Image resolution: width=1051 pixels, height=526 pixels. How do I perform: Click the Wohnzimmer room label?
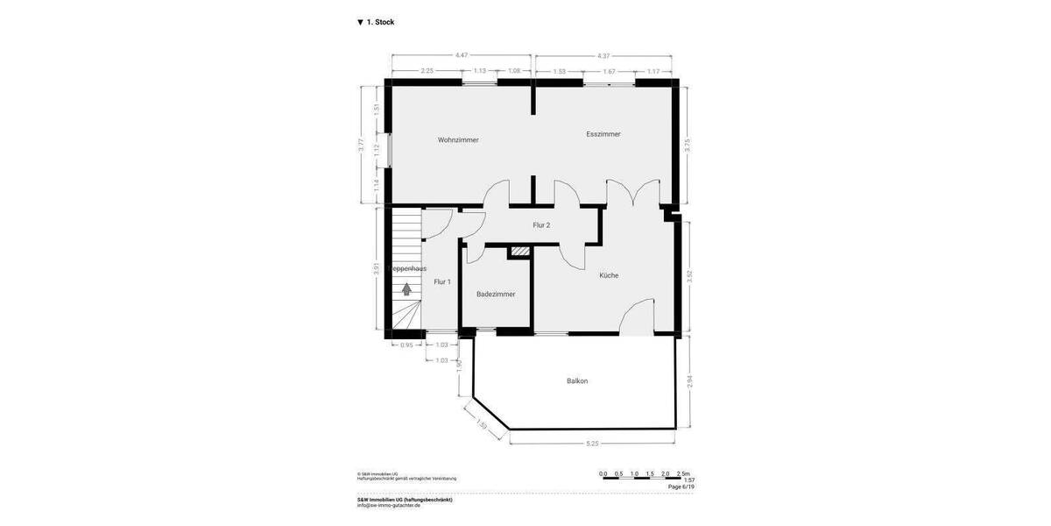(458, 140)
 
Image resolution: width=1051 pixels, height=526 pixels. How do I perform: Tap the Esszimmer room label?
(603, 134)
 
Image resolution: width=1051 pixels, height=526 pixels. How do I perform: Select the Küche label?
(609, 275)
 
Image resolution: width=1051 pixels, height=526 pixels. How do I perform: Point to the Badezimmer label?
(496, 295)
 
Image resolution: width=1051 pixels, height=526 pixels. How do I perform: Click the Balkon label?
(577, 381)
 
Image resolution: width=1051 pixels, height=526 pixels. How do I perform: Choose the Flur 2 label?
(541, 225)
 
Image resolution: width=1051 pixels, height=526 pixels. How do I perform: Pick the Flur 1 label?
(442, 282)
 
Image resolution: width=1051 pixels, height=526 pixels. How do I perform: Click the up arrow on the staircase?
(406, 288)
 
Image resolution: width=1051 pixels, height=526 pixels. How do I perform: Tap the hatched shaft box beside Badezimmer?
(520, 252)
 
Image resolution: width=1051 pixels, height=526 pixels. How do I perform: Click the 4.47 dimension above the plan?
(461, 56)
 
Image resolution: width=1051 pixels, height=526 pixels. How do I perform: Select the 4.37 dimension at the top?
(603, 56)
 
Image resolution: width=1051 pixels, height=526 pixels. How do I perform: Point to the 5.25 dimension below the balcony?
(593, 444)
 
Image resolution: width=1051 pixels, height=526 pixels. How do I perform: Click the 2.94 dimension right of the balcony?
(688, 381)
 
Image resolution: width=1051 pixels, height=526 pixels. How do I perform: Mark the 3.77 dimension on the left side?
(362, 146)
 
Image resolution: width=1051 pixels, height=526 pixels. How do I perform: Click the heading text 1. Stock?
(380, 22)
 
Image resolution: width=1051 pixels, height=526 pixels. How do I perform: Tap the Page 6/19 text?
(681, 487)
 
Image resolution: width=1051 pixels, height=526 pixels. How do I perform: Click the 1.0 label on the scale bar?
(634, 474)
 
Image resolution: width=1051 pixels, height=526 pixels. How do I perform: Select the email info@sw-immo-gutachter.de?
(388, 505)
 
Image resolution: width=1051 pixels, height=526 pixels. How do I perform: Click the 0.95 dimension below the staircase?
(406, 345)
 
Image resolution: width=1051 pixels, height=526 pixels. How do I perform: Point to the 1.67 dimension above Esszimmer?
(610, 71)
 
